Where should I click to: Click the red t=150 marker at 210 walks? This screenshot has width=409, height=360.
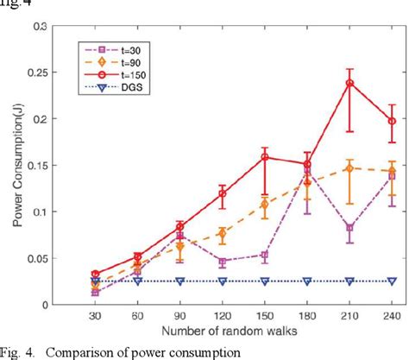(349, 83)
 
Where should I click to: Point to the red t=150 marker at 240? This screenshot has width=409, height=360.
(392, 121)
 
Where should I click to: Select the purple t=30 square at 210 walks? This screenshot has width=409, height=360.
(349, 228)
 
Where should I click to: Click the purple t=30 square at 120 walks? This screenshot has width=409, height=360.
(223, 262)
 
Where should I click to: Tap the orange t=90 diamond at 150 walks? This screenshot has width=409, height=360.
(265, 204)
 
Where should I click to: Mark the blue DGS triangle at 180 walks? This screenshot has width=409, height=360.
(307, 281)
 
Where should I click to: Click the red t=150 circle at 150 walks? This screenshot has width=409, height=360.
(265, 157)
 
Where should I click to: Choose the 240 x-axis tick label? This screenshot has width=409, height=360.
(392, 315)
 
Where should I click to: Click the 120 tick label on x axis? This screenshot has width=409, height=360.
(223, 315)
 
